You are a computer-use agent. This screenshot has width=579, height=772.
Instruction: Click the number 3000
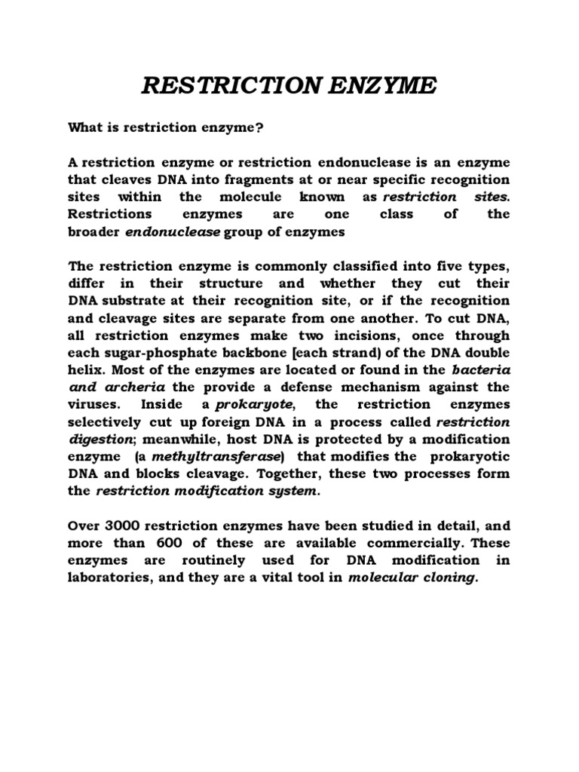(125, 525)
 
